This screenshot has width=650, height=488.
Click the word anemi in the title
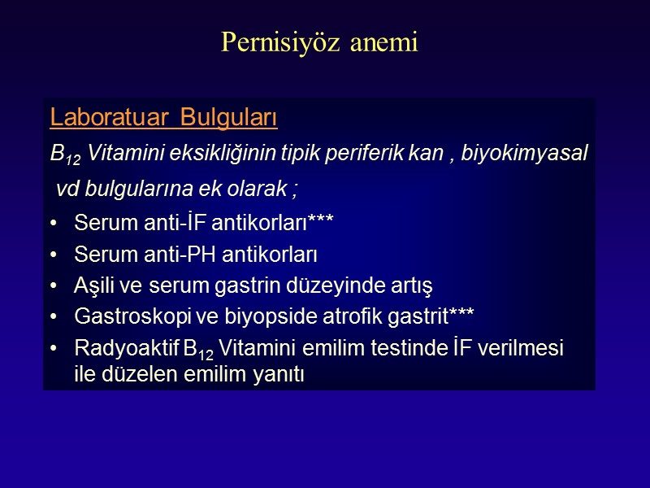(x=383, y=42)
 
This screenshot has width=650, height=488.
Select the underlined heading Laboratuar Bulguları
(x=163, y=119)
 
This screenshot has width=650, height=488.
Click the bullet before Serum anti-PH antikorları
(x=54, y=255)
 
